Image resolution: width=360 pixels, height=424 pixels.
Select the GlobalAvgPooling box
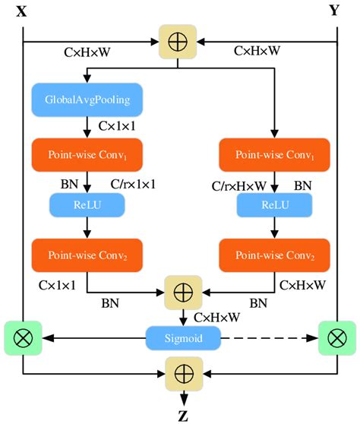tap(87, 99)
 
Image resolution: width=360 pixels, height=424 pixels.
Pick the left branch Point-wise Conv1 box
tap(87, 154)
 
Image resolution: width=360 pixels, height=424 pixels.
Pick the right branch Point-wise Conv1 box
tap(273, 154)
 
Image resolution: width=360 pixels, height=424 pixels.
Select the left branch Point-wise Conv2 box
tap(87, 255)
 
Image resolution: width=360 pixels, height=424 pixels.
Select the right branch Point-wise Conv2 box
tap(273, 255)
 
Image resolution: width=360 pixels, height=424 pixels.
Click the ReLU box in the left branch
tap(87, 204)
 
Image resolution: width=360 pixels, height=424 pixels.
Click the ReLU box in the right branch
tap(273, 204)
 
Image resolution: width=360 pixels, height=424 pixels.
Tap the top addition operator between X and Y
tap(177, 40)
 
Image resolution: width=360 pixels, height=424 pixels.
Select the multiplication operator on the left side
tap(23, 335)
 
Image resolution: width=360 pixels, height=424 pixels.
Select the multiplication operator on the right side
tap(336, 335)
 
